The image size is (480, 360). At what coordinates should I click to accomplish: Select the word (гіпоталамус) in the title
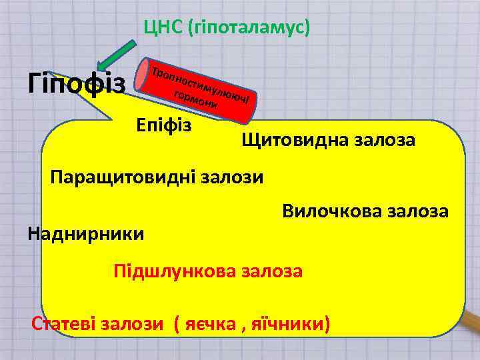pyautogui.click(x=250, y=27)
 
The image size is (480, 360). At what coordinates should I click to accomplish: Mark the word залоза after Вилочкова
pyautogui.click(x=419, y=211)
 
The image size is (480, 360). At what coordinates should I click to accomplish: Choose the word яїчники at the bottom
pyautogui.click(x=291, y=324)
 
